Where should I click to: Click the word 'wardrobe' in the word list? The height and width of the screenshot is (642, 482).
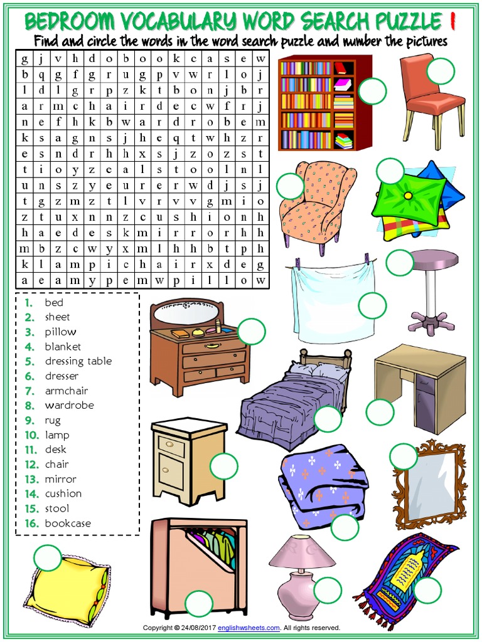tap(69, 406)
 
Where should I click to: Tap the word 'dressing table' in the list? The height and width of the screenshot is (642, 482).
tap(78, 361)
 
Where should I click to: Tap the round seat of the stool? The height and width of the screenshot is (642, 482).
tap(433, 258)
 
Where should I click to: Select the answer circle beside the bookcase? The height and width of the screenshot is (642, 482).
tap(373, 91)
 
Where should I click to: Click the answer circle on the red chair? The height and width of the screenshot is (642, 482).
tap(440, 71)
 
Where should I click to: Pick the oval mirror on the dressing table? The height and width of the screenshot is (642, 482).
tap(188, 312)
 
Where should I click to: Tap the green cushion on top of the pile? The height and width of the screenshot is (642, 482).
tap(409, 197)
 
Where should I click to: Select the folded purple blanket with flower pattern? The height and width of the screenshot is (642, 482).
tap(320, 483)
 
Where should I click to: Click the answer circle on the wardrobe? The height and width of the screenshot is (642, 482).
tap(199, 604)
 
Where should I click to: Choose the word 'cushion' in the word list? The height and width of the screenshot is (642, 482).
tap(63, 494)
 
